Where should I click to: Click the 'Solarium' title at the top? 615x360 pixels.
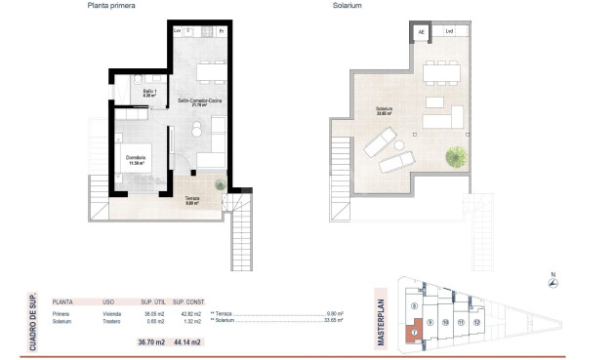click(x=347, y=6)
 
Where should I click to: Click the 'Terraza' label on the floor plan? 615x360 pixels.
click(x=191, y=198)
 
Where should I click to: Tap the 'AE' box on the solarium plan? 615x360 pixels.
click(x=422, y=32)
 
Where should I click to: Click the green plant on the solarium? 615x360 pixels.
click(x=456, y=155)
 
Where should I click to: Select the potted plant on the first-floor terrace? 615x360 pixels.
click(x=221, y=184)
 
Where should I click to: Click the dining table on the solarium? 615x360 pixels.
click(x=444, y=71)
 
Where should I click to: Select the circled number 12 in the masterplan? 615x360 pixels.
click(x=476, y=321)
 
